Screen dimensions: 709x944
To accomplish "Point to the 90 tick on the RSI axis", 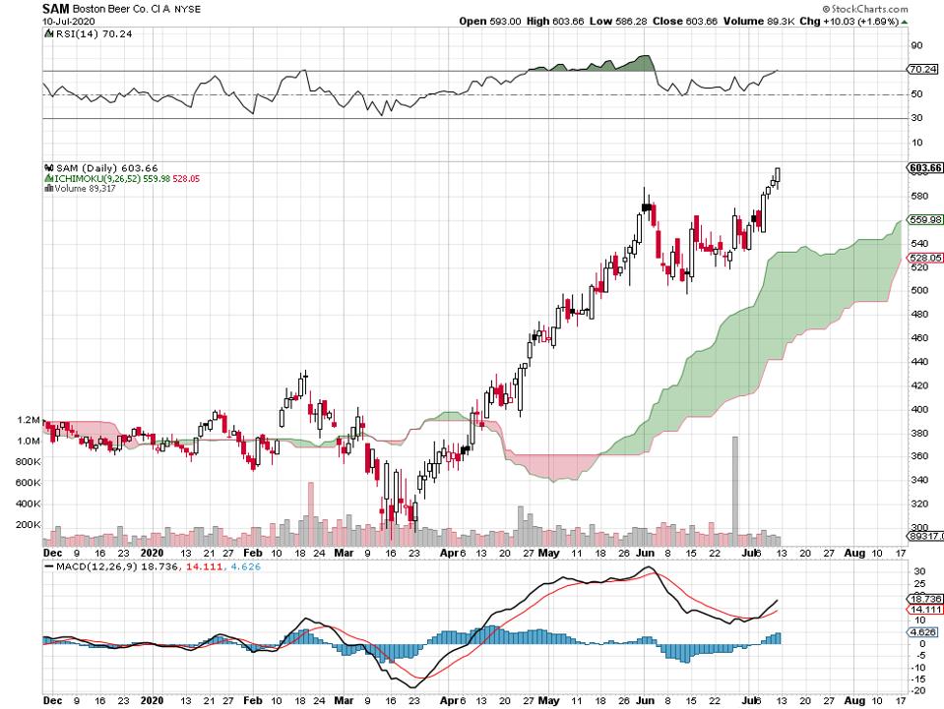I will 915,45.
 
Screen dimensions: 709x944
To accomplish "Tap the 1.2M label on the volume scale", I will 27,420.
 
